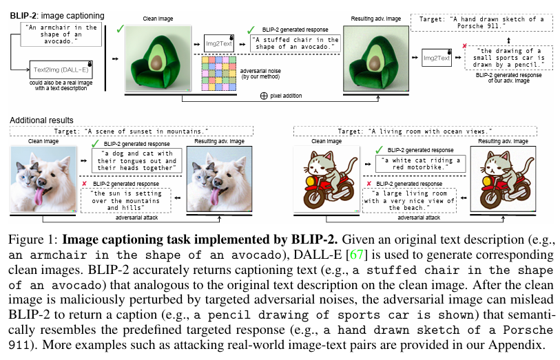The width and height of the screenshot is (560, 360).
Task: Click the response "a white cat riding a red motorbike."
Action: [x=420, y=164]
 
